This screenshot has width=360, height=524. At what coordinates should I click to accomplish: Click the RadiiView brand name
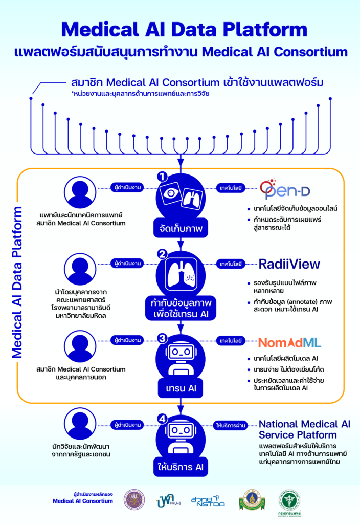pos(289,264)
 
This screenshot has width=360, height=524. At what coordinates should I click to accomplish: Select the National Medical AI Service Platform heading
pos(305,429)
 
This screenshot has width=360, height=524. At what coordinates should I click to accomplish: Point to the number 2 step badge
pos(163,254)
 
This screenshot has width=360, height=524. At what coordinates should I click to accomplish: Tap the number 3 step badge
pos(163,337)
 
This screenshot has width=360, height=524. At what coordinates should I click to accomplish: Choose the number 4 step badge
pos(163,419)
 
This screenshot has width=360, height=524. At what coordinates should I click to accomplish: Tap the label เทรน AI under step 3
pos(180,388)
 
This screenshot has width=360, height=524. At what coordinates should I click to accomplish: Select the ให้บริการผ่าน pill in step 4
pos(233,425)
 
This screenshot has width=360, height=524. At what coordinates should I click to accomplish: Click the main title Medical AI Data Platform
pos(180,30)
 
